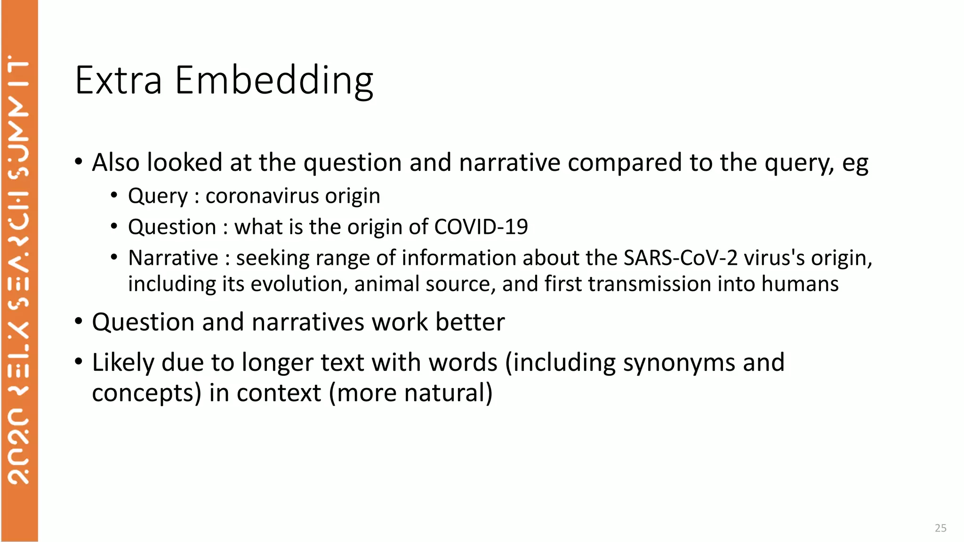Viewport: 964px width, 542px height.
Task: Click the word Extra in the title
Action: (x=119, y=80)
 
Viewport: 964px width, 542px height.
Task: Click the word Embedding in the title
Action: (x=274, y=81)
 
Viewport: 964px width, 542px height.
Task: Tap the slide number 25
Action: (x=940, y=528)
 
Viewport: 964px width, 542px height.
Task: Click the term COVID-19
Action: (x=481, y=227)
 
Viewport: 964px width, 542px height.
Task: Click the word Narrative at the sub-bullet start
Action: (x=173, y=258)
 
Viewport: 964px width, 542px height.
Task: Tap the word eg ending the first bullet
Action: (x=855, y=163)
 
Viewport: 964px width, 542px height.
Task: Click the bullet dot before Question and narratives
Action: (x=79, y=322)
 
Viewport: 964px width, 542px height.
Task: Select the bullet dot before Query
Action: (x=114, y=195)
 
